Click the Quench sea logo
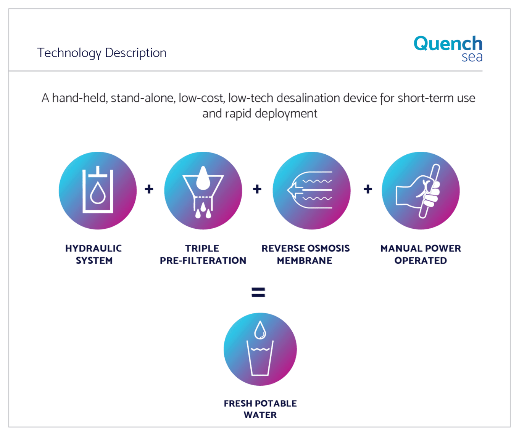coord(448,48)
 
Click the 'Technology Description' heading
coord(102,53)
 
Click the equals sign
coord(258,292)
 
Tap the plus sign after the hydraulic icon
coord(149,189)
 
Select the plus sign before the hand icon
coord(368,189)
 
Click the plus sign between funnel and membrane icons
coord(257,189)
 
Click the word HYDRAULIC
coord(93,248)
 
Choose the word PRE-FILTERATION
coord(203,260)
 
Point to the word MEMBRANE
coord(305,260)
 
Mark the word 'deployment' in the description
coord(286,114)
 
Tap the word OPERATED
coord(421,260)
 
